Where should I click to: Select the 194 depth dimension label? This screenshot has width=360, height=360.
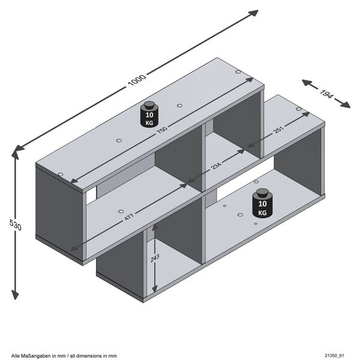[x=326, y=94]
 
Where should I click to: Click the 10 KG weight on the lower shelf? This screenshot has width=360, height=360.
[x=262, y=204]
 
